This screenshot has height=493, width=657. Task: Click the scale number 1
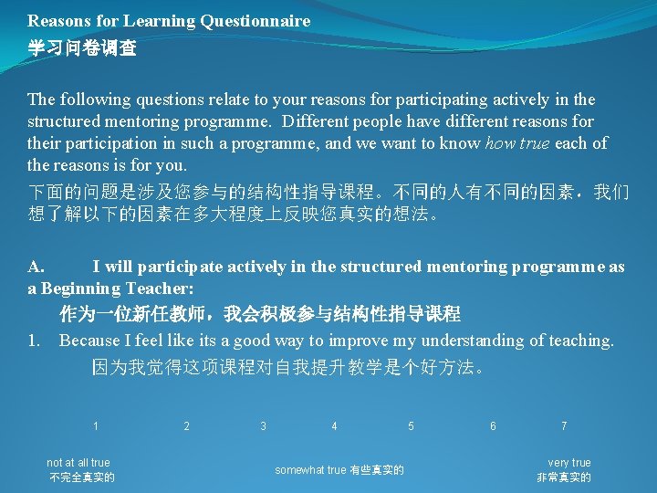tap(96, 426)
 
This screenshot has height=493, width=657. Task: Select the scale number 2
tap(187, 426)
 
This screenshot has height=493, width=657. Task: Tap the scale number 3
tap(264, 426)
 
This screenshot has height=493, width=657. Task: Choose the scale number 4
tap(335, 426)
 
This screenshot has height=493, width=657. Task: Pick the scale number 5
tap(412, 426)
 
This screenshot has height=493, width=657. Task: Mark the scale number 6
tap(494, 426)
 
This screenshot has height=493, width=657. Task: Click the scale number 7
tap(564, 426)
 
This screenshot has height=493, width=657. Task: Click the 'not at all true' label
tap(78, 463)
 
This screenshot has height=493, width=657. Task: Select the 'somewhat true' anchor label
tap(310, 470)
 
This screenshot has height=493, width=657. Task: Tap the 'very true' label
tap(569, 463)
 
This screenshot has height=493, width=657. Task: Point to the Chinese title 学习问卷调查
tap(82, 48)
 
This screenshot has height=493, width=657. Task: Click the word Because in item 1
tap(89, 341)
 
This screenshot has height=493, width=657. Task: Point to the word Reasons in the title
tap(57, 20)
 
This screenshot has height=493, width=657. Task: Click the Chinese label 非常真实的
tap(564, 477)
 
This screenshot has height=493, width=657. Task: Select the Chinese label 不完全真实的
tap(82, 477)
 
